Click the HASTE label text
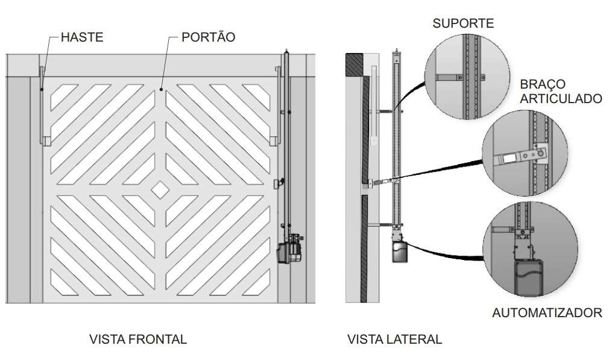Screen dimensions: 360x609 pos(82,37)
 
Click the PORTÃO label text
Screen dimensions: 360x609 pos(208,37)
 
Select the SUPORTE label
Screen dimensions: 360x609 pos(463,24)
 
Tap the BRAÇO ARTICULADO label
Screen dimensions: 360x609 pos(560,91)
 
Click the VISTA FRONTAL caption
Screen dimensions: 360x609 pos(138,339)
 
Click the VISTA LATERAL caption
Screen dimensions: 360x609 pos(394,339)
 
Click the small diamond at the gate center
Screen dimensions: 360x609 pos(160,189)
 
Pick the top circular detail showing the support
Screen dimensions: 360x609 pos(467,76)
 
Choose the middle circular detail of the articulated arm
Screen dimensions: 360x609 pos(524,156)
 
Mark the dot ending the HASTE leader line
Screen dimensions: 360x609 pos(42,90)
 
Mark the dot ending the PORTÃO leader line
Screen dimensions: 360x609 pos(161,90)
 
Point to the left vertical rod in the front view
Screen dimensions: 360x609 pos(42,106)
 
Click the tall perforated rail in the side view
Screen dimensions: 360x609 pos(396,139)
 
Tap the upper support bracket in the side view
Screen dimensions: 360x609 pos(386,111)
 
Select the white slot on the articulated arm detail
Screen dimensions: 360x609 pos(510,158)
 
